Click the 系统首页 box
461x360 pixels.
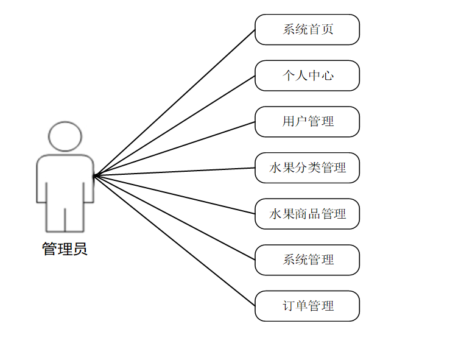(307, 29)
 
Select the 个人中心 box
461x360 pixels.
(307, 76)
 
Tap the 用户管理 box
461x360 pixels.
(307, 122)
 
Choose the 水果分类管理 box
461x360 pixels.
(307, 168)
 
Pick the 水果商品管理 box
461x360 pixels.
(307, 214)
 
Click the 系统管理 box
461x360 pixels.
(307, 260)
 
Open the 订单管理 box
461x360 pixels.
(307, 306)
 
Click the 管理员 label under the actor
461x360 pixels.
(65, 249)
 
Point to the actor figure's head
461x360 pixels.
(65, 136)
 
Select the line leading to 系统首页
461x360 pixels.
(174, 102)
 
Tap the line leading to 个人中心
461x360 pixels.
(174, 125)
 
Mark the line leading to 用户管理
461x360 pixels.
(174, 149)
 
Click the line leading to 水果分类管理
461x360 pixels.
(174, 172)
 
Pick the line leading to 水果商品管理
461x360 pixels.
(174, 194)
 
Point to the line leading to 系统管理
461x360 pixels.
(174, 217)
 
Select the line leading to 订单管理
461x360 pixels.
(174, 241)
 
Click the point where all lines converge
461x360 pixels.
(94, 175)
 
